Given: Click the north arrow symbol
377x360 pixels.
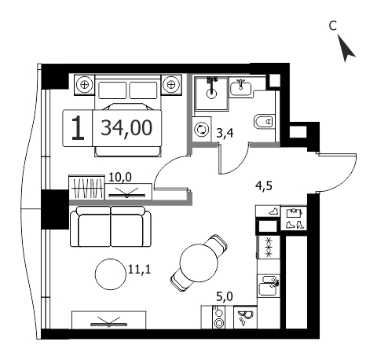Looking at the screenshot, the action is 346,49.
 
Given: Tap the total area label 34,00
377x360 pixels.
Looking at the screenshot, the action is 126,128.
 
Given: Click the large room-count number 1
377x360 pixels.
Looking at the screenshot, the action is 78,128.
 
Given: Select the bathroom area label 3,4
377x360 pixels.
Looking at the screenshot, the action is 225,134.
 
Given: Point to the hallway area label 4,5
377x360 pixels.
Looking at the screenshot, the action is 264,186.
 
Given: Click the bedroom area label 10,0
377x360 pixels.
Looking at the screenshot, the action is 120,178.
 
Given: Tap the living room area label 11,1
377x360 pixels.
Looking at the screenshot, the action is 140,269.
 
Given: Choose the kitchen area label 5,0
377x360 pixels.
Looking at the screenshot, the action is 225,297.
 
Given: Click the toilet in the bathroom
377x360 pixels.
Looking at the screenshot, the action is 264,122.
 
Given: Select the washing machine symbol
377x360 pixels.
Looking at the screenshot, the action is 202,130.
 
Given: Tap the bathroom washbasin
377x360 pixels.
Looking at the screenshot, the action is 240,87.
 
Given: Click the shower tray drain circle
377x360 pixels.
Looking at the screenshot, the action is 211,94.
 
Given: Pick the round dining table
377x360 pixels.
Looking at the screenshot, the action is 199,263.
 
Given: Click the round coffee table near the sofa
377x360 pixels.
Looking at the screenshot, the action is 110,274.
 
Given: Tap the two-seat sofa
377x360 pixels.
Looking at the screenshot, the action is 111,226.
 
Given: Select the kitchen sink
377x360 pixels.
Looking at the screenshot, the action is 268,285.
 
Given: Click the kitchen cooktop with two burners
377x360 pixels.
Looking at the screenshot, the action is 218,318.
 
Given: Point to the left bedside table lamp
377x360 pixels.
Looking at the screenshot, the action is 84,85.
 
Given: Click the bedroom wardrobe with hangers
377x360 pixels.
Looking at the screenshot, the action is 87,188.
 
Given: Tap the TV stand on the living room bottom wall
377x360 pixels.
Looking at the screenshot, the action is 109,320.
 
